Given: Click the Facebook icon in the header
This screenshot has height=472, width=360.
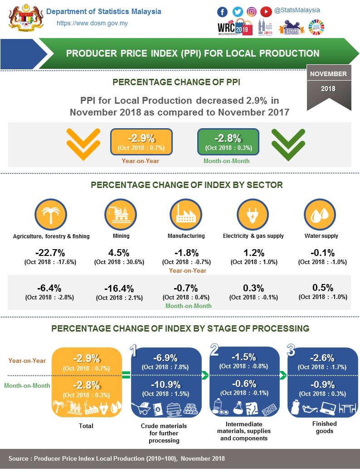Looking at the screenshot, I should (x=223, y=12).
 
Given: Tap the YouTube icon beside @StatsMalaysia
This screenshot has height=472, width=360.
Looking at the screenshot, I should (x=266, y=12).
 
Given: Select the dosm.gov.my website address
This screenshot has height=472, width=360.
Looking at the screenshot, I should (x=91, y=24).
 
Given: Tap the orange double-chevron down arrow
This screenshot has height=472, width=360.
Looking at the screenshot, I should (x=83, y=144).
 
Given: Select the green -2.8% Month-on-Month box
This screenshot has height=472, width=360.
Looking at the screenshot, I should (x=228, y=141).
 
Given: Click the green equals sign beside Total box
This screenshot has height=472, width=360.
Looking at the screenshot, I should (x=126, y=375).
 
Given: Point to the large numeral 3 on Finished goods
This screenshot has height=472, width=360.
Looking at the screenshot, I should (x=291, y=351).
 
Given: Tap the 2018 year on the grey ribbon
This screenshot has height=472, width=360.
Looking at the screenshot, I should (x=328, y=88).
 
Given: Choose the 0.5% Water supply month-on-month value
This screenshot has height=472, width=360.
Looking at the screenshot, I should (x=323, y=288).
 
